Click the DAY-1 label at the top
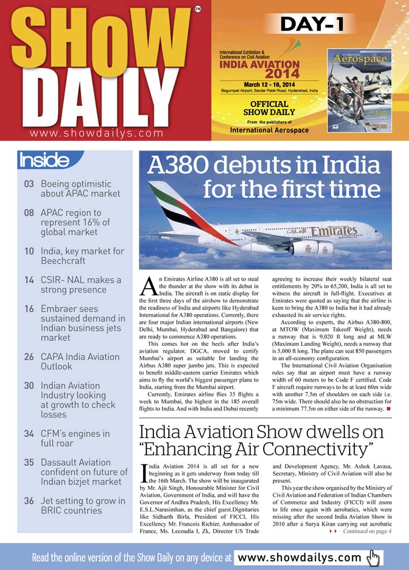[x=313, y=24]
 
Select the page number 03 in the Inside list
[x=29, y=184]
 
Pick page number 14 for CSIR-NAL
[x=29, y=280]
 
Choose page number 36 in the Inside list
[x=29, y=501]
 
